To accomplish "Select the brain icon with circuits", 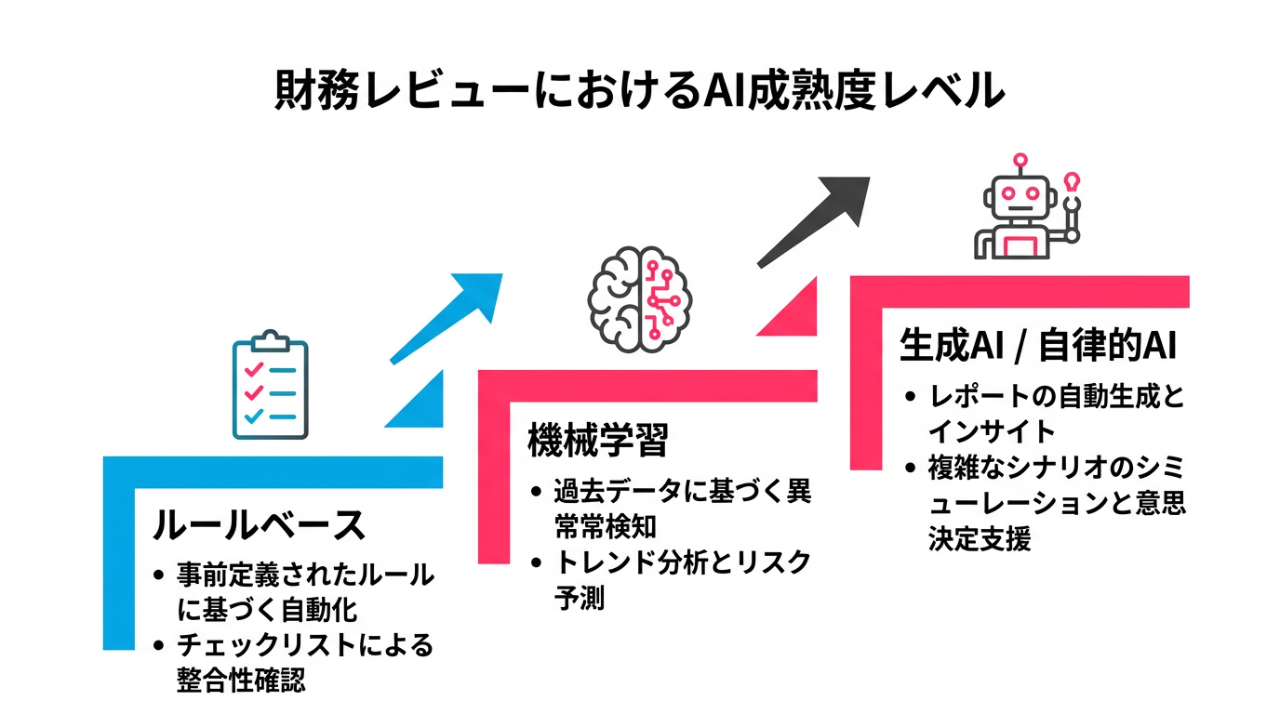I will tap(639, 297).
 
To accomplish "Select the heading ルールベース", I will tap(259, 525).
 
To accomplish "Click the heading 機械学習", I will tap(597, 440).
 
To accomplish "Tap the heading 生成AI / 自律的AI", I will tap(1038, 346).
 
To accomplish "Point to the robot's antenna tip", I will tap(1020, 159).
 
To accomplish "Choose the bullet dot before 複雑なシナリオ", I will tap(913, 468).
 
